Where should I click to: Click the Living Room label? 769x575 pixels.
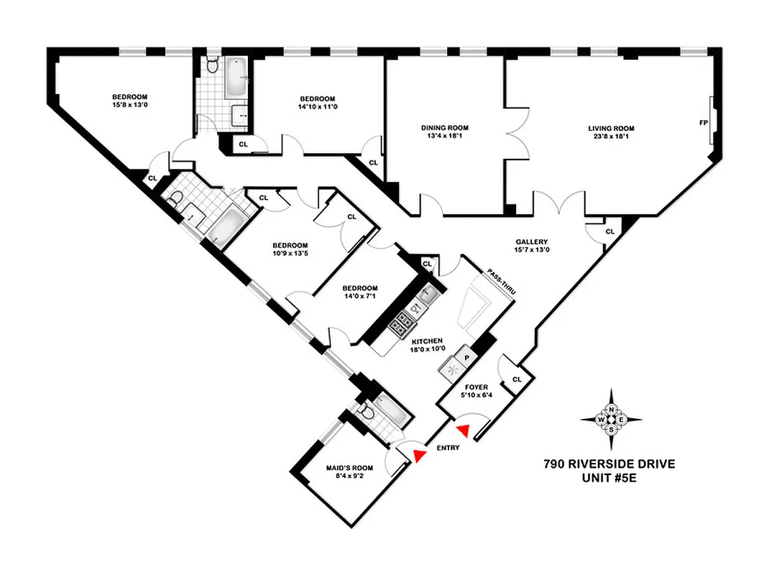click(x=611, y=129)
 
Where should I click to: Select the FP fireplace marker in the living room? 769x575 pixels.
click(x=703, y=123)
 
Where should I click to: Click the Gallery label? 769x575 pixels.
click(x=531, y=241)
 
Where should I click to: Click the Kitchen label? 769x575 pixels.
click(x=427, y=341)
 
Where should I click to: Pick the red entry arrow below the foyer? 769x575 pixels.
click(x=464, y=430)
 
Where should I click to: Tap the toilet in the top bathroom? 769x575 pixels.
click(x=212, y=65)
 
